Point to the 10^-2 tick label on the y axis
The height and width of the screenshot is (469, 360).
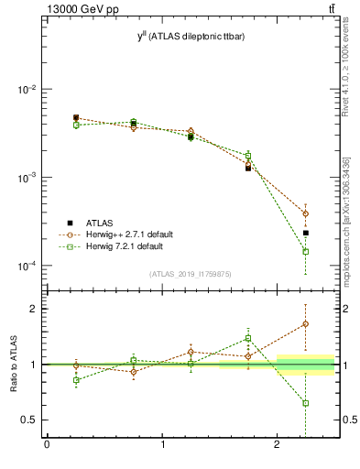click(28, 90)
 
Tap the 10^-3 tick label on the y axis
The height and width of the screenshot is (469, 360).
click(28, 178)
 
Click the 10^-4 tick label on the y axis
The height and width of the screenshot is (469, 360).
click(28, 266)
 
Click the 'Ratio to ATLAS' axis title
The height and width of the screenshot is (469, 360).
click(14, 365)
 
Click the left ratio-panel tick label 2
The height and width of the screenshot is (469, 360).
click(34, 309)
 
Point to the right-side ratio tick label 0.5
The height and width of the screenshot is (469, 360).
click(348, 420)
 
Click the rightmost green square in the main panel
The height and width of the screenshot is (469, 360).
click(306, 251)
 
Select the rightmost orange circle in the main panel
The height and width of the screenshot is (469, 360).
click(306, 213)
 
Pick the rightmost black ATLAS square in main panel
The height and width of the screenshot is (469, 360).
click(306, 233)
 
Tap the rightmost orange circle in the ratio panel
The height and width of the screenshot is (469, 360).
click(306, 324)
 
